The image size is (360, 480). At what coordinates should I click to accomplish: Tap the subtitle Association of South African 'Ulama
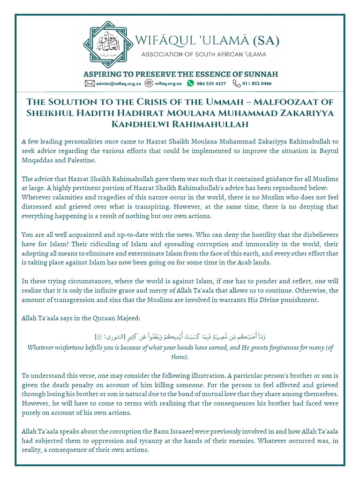204,55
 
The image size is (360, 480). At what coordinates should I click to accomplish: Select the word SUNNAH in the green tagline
260,74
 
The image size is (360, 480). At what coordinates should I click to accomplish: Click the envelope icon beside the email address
90,83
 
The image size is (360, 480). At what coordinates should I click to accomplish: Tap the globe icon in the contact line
149,83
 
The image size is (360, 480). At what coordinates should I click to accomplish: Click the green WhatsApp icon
190,83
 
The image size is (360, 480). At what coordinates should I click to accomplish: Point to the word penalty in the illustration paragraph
77,385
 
